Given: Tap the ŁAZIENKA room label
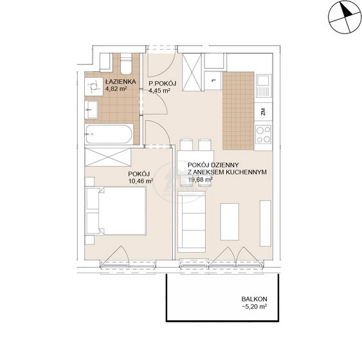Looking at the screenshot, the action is pyautogui.click(x=120, y=82).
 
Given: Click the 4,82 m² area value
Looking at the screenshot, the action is pyautogui.click(x=116, y=89).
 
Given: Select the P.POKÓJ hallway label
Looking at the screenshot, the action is pyautogui.click(x=163, y=84).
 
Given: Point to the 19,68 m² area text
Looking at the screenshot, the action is pyautogui.click(x=201, y=179).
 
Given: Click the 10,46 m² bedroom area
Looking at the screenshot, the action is pyautogui.click(x=141, y=181).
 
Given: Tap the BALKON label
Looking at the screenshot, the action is pyautogui.click(x=254, y=299).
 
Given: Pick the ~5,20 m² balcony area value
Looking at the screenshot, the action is pyautogui.click(x=254, y=307).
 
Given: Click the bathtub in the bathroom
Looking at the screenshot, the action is pyautogui.click(x=109, y=134).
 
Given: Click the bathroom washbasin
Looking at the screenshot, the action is pyautogui.click(x=91, y=109).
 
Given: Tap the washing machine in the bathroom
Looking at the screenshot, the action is pyautogui.click(x=94, y=87).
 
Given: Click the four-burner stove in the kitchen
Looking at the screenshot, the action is pyautogui.click(x=263, y=134).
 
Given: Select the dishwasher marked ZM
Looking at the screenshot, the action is pyautogui.click(x=263, y=112).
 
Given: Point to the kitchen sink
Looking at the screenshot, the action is pyautogui.click(x=264, y=86).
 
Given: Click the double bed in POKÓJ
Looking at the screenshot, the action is pyautogui.click(x=116, y=211).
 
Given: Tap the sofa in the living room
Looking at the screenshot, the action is pyautogui.click(x=192, y=222).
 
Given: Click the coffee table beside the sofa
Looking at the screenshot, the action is pyautogui.click(x=230, y=222).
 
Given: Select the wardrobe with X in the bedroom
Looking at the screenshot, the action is pyautogui.click(x=108, y=157).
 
